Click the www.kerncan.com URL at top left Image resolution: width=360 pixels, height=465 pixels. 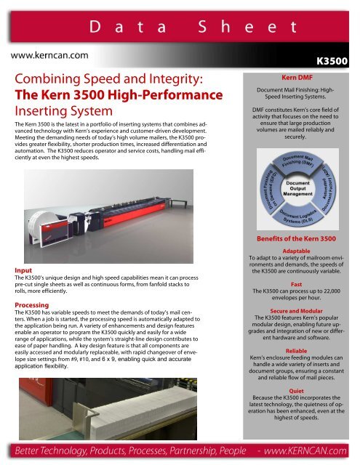click(48, 54)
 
